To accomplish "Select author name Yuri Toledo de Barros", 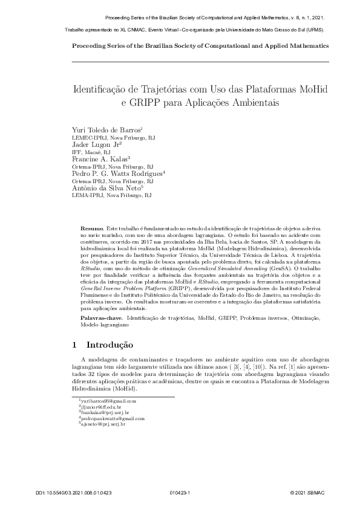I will coord(106,130).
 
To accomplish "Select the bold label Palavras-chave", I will coord(101,317).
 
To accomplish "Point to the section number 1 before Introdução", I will coord(74,345).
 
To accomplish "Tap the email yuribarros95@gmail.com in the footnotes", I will coord(109,401).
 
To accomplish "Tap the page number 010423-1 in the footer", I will coord(180,493).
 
